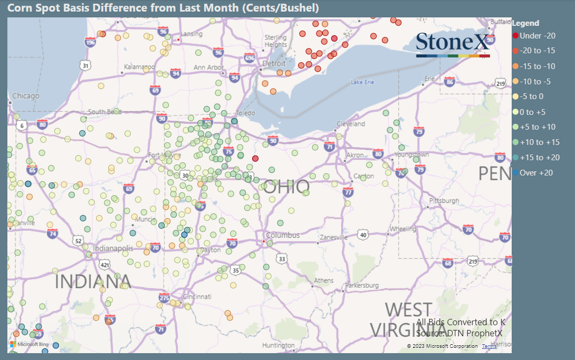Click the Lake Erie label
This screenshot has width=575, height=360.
pyautogui.click(x=362, y=82)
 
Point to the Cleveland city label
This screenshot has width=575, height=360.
pyautogui.click(x=351, y=124)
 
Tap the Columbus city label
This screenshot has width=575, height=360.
pyautogui.click(x=282, y=235)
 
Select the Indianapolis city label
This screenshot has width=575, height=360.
pyautogui.click(x=113, y=248)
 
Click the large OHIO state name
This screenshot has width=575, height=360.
pyautogui.click(x=286, y=187)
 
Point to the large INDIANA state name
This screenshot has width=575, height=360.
pyautogui.click(x=92, y=281)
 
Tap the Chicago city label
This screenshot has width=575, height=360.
pyautogui.click(x=26, y=96)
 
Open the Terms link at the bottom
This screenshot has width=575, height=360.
pyautogui.click(x=489, y=346)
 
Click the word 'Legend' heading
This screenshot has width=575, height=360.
pyautogui.click(x=525, y=23)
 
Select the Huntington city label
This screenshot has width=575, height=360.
pyautogui.click(x=278, y=346)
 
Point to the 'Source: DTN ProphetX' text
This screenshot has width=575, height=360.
pyautogui.click(x=459, y=333)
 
